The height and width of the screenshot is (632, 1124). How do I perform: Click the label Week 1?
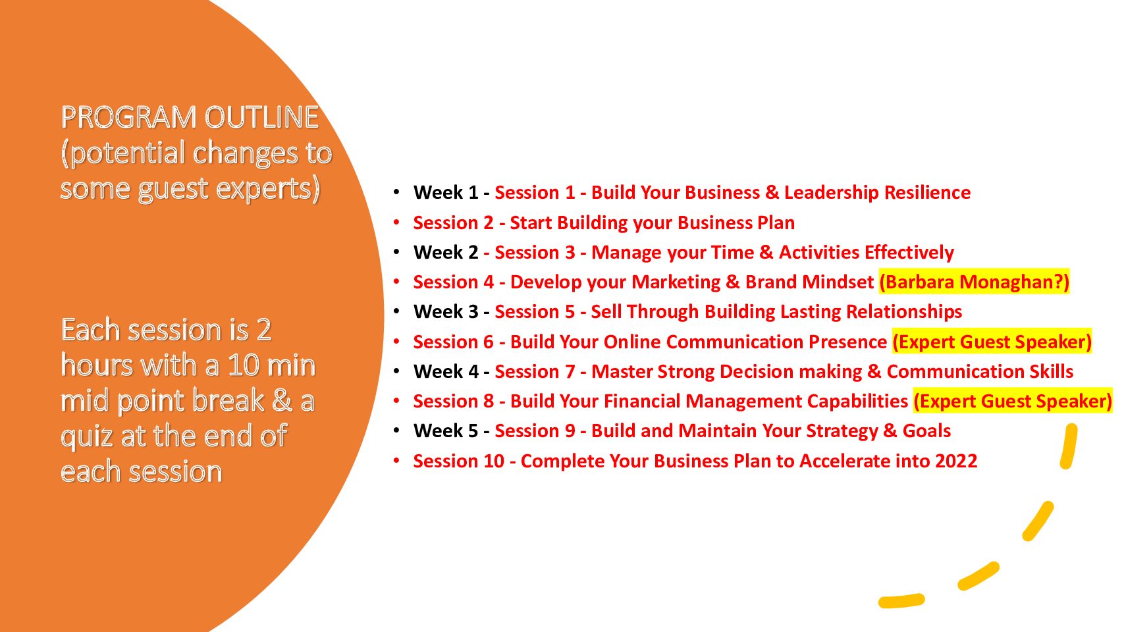coord(446,193)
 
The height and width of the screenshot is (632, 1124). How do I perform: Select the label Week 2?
coord(446,252)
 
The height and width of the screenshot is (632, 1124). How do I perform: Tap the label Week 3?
coord(446,312)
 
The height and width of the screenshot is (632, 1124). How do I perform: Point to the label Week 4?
coord(446,372)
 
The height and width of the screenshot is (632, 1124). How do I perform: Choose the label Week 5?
coord(446,431)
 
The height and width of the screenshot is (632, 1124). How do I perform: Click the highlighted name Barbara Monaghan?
coord(974,282)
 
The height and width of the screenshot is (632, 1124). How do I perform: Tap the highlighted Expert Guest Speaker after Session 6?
coord(992,342)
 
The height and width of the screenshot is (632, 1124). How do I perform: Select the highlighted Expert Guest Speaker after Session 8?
coord(1013,402)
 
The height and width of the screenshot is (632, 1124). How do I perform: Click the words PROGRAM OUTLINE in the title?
coord(190,117)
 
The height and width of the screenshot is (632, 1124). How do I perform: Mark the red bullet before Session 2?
coord(396,223)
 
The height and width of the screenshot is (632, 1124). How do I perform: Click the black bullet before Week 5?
coord(396,431)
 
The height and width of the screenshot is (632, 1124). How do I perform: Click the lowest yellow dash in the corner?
coord(901,600)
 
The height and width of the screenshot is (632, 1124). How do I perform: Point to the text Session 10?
coord(459,461)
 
